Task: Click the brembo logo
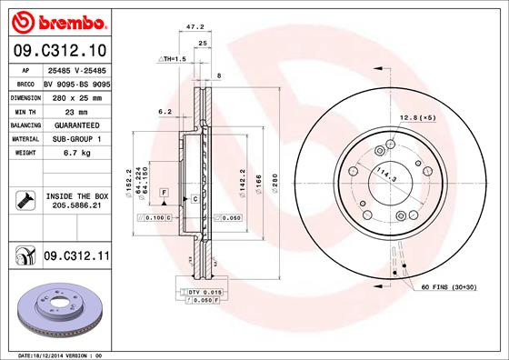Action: point(56,20)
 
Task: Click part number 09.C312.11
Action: point(75,257)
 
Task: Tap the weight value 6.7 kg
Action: point(75,153)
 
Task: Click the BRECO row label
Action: point(26,82)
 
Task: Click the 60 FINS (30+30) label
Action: point(448,286)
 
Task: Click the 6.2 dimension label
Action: point(165,112)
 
